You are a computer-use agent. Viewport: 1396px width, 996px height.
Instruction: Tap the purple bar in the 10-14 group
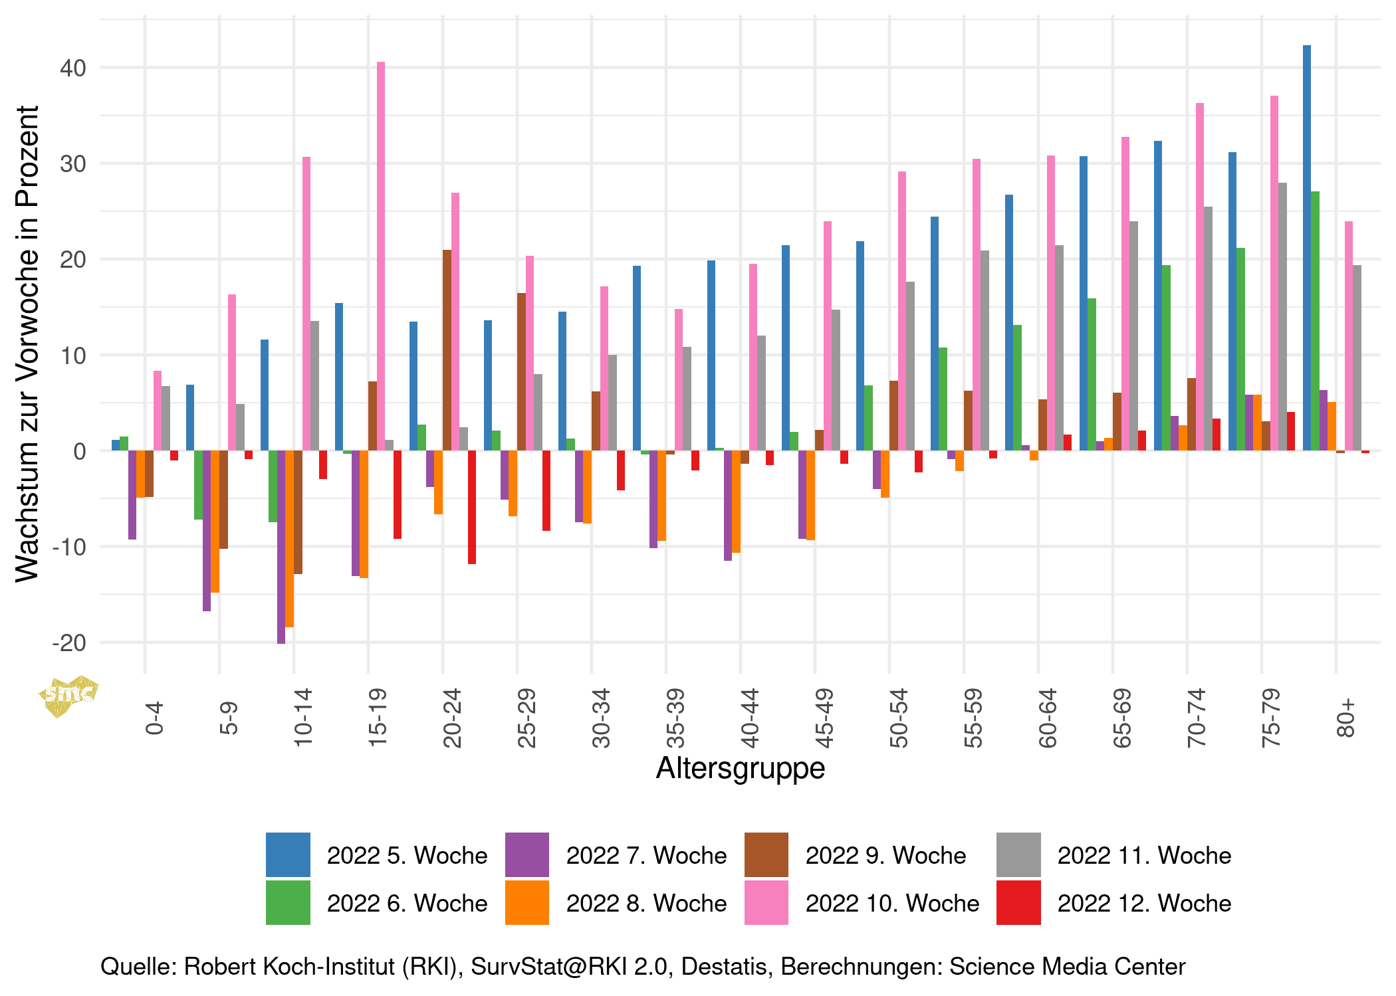point(281,547)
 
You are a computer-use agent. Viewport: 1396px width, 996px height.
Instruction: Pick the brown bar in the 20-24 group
point(447,350)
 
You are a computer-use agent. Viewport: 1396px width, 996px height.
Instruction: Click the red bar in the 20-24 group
point(472,507)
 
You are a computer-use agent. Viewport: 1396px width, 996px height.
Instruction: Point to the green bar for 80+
point(1315,321)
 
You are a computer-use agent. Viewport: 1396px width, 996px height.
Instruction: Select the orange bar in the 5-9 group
point(215,522)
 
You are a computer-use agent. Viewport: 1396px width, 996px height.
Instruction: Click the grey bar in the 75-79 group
point(1282,317)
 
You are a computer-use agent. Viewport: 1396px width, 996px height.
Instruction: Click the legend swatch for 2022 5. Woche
point(288,854)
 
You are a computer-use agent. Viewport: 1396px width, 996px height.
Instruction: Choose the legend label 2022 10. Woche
point(892,904)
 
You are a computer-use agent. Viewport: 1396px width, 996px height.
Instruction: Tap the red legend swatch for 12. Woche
point(1018,903)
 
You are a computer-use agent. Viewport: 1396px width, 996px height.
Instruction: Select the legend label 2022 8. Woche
point(646,904)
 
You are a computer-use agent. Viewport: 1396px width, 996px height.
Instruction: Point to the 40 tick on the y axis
point(73,68)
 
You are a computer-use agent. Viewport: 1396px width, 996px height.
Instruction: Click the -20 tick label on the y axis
point(70,643)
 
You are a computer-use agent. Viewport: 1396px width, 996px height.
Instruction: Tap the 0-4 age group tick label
point(154,718)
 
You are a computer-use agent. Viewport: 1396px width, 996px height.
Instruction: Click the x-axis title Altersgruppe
point(741,768)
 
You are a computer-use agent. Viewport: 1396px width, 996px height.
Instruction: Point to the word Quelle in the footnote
point(138,967)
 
